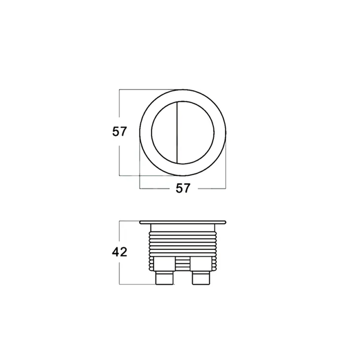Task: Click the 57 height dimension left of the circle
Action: pos(119,132)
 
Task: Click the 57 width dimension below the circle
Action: pos(183,188)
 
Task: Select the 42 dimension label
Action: pos(119,252)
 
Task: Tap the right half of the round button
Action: pos(195,133)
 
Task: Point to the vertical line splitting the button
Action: pos(177,133)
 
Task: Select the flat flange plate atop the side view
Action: pos(183,222)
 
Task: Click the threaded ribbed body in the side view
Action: pos(183,243)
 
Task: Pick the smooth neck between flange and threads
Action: pos(183,227)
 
